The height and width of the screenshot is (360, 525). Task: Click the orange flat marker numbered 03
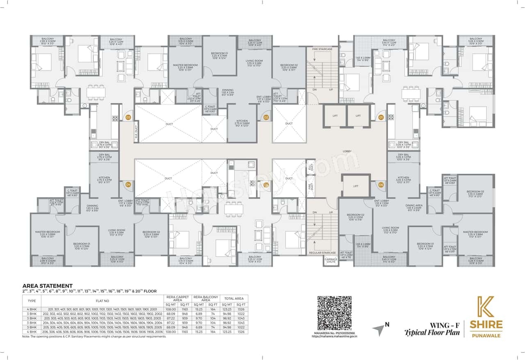(128, 118)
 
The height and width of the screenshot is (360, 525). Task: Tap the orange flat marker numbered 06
(381, 185)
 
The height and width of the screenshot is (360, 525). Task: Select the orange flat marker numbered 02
(266, 118)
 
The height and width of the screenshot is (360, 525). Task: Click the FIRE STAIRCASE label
(322, 49)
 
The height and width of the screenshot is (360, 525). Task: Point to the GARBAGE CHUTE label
(331, 261)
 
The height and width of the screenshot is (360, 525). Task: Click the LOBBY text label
(347, 151)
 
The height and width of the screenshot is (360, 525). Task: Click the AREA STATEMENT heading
(47, 286)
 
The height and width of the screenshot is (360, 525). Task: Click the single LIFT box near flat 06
(355, 186)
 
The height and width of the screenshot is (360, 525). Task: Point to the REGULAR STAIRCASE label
(322, 253)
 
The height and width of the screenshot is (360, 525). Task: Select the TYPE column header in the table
(32, 301)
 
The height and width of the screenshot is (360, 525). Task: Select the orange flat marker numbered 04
(128, 185)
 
